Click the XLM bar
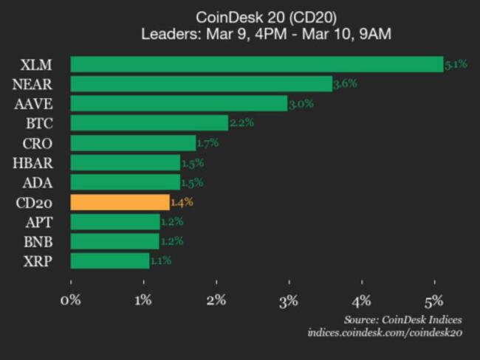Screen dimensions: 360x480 coord(256,64)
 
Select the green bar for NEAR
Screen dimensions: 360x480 coord(201,83)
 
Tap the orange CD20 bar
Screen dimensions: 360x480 coord(120,201)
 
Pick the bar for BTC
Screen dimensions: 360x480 coord(149,122)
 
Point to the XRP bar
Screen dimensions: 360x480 coord(109,260)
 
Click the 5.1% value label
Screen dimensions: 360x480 coord(456,64)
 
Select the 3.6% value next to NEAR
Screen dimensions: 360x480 coord(345,83)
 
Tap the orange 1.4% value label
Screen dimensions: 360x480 coord(182,201)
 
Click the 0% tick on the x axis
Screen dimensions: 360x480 coord(71,300)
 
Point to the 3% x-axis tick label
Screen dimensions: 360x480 coord(289,300)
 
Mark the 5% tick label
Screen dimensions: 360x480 coord(433,300)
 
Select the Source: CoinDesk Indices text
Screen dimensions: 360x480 coord(402,319)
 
